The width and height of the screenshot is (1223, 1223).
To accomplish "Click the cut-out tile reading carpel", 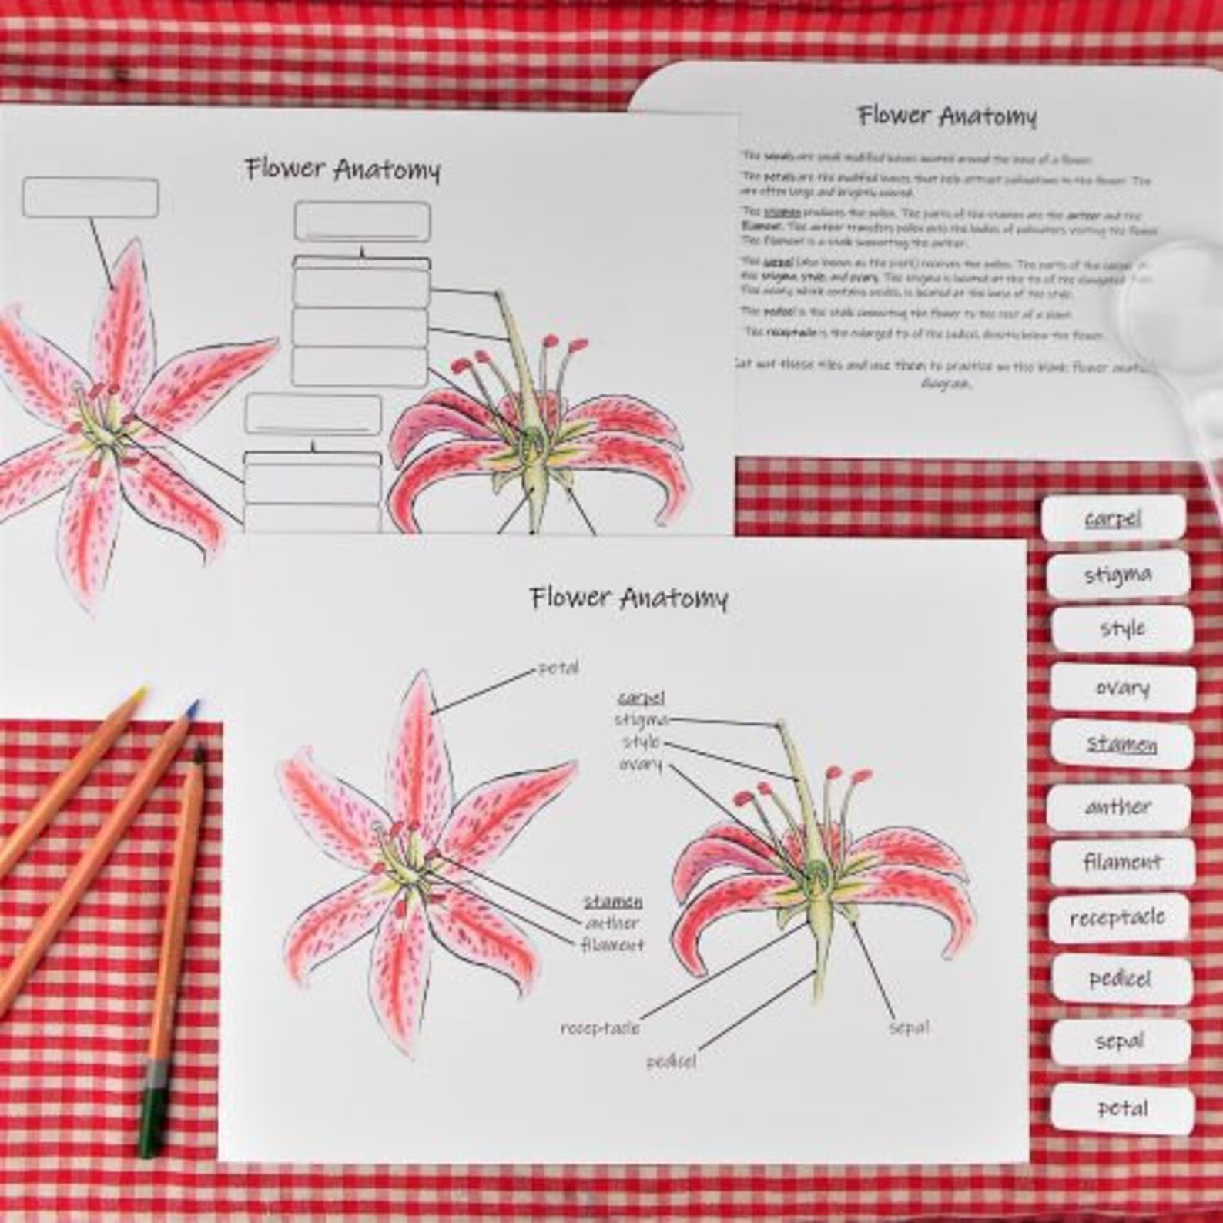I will point(1114,519).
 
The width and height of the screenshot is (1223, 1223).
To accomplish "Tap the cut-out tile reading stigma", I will point(1118,575).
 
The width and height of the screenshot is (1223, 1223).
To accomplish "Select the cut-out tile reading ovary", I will point(1123,688).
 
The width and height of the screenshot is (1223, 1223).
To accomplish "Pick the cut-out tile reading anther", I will point(1118,807).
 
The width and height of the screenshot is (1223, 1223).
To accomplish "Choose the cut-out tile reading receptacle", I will point(1117,917).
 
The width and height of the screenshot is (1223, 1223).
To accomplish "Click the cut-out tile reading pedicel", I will point(1120,979).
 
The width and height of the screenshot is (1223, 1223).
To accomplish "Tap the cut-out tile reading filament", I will point(1122,862).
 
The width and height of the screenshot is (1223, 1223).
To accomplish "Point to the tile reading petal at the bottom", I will point(1122,1109).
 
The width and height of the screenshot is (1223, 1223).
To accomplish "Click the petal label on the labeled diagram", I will point(558,668).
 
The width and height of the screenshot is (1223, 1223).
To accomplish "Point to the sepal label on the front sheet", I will point(909,1027).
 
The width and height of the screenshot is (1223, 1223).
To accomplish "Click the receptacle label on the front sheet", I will point(600,1028).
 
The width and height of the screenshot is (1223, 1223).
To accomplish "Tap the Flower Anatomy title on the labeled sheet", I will point(628,598).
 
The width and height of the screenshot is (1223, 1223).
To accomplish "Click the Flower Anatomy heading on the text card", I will point(947,116).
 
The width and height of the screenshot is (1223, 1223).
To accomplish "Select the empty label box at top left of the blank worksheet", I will point(91,197).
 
